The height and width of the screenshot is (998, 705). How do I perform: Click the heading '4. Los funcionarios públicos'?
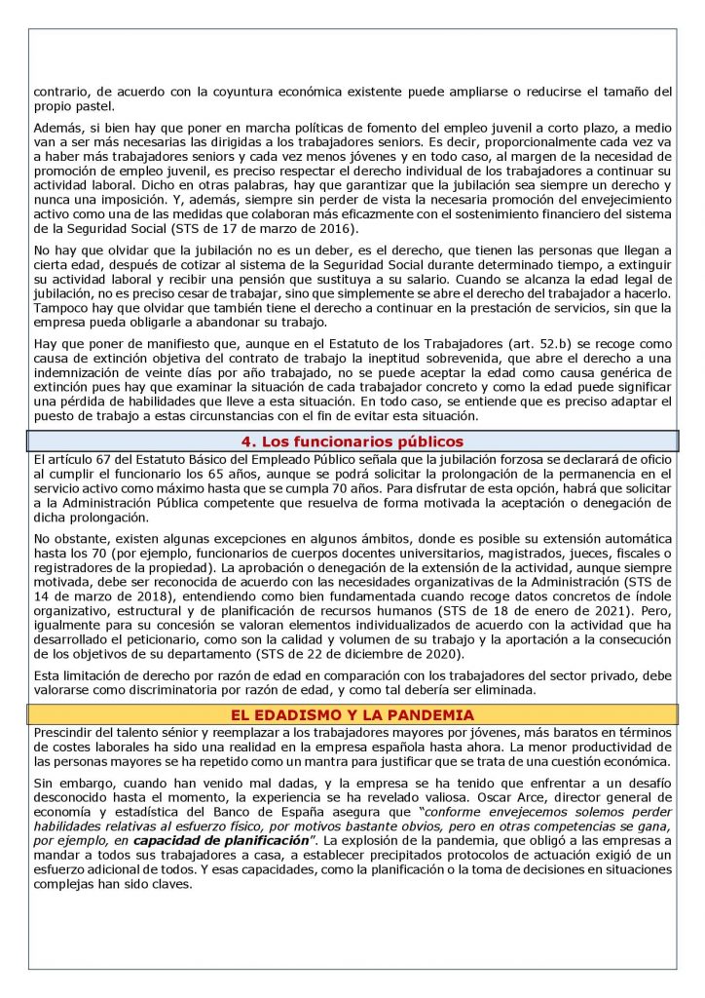[352, 441]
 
